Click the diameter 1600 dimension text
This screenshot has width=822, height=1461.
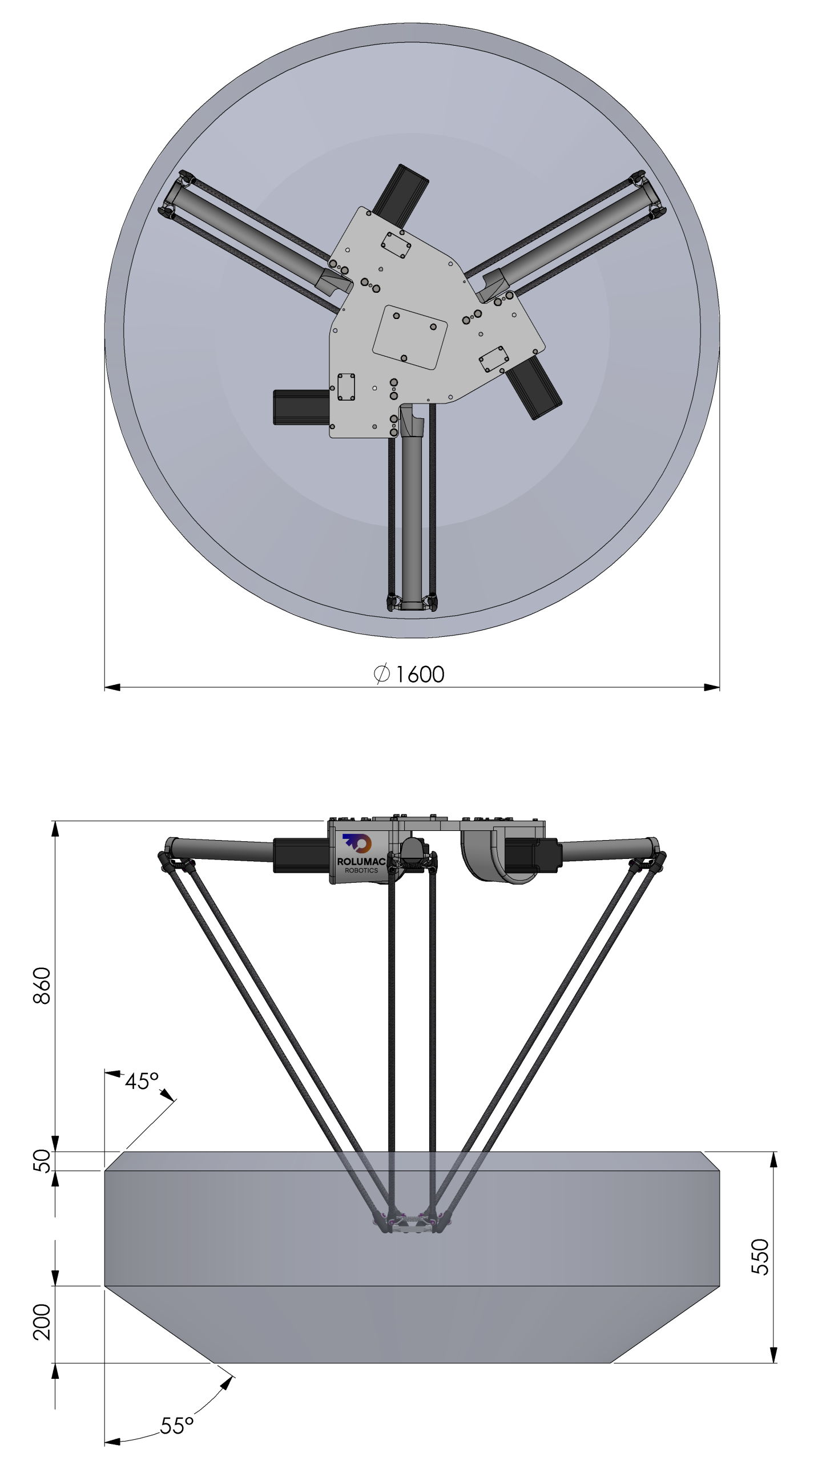tap(409, 674)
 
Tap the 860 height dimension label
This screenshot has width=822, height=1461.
tap(42, 986)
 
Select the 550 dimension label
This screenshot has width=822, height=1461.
tap(760, 1257)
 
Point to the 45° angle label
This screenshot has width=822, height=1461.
tap(142, 1081)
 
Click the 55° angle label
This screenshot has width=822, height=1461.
tap(177, 1426)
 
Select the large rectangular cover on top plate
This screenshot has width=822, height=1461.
tap(409, 337)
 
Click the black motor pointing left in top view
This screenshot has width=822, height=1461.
tap(301, 407)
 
